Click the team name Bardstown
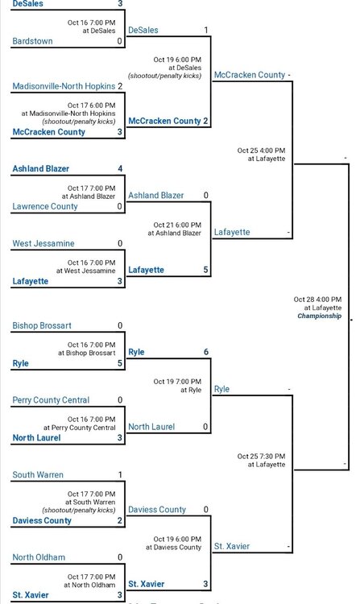pos(32,41)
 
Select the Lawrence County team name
pos(45,206)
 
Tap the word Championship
pos(320,316)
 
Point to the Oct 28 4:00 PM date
pos(317,300)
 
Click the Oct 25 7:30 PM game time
pos(262,457)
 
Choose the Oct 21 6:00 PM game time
pos(177,225)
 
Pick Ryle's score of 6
pos(206,352)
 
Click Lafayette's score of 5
pos(205,270)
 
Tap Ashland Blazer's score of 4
pos(120,169)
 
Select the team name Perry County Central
pos(51,400)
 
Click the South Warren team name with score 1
pos(38,475)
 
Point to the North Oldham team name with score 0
pos(39,557)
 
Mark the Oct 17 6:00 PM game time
pos(92,105)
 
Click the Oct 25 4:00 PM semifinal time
pos(262,151)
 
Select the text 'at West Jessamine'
pos(86,271)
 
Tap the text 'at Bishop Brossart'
pos(87,353)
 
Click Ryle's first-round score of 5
pos(120,363)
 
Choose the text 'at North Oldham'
pos(89,585)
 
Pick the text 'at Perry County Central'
pos(80,428)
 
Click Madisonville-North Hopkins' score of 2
pos(120,86)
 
